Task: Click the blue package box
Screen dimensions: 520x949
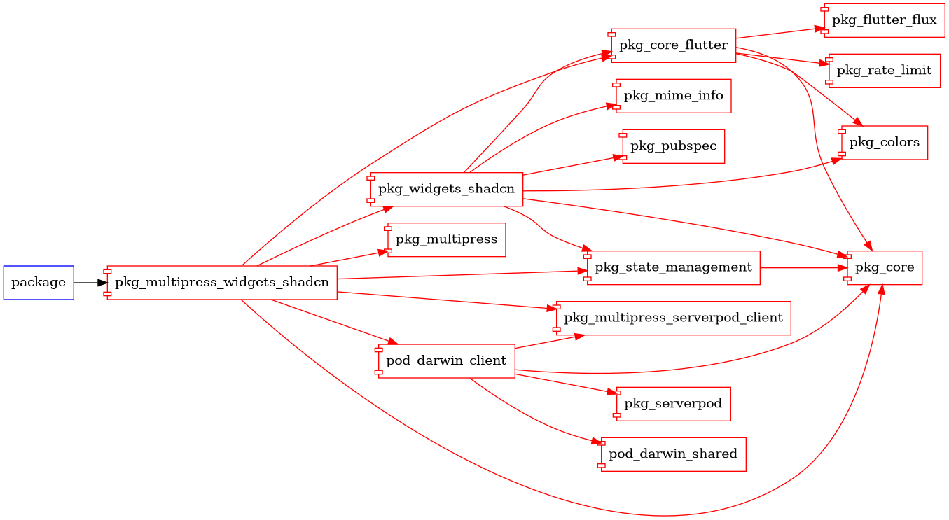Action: (39, 283)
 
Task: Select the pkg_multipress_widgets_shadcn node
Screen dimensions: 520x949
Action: (221, 283)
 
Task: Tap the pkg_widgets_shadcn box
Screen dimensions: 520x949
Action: (447, 189)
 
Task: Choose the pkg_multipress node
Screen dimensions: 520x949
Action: (446, 239)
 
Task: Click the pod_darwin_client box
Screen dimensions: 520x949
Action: (446, 361)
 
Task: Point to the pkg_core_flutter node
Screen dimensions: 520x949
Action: (673, 45)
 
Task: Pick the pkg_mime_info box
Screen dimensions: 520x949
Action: (673, 96)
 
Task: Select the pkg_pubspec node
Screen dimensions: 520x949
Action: (672, 146)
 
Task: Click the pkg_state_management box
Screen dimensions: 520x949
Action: (673, 267)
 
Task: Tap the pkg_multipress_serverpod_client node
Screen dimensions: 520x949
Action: (673, 318)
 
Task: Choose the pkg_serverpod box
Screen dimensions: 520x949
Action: (673, 404)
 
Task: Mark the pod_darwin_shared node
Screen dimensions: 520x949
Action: (672, 454)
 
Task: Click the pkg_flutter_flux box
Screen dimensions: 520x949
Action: (883, 20)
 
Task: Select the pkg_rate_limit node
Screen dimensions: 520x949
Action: (884, 71)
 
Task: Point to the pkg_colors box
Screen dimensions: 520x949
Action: (884, 143)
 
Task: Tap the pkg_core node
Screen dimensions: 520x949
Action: (884, 267)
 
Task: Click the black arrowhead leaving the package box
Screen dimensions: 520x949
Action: (102, 283)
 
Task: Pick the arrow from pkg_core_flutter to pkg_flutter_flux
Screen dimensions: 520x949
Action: (777, 34)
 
